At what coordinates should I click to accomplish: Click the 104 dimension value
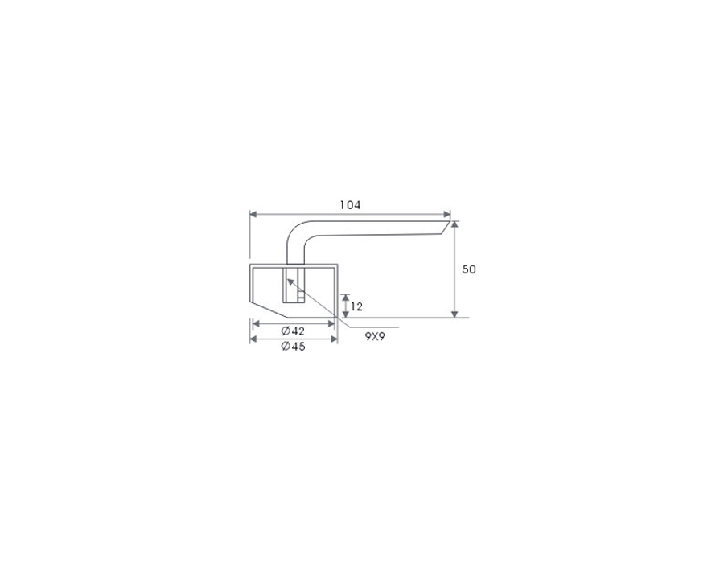(x=350, y=205)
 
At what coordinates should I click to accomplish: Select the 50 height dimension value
(x=469, y=269)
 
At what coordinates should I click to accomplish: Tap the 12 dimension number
(x=356, y=306)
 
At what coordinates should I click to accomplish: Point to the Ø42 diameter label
(x=293, y=331)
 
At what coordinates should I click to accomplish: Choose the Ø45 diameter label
(x=293, y=346)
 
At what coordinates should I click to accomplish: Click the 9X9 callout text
(x=375, y=336)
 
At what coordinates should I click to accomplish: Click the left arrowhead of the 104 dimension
(x=253, y=214)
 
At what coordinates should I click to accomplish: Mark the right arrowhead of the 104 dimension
(x=447, y=214)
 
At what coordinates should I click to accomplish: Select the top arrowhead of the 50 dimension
(x=455, y=224)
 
